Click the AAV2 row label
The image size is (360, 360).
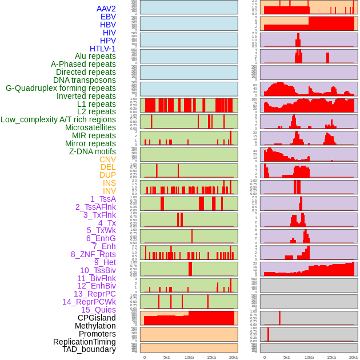click(106, 9)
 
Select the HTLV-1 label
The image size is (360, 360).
click(103, 49)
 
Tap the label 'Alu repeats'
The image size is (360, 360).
click(95, 56)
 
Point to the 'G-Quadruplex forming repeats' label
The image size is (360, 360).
click(61, 88)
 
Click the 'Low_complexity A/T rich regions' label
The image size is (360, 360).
click(58, 119)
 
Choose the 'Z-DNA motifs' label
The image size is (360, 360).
click(93, 151)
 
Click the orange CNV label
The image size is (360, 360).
click(107, 159)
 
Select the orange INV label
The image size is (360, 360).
click(109, 191)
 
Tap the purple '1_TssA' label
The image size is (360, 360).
click(103, 199)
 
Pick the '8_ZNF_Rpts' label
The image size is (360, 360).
click(93, 254)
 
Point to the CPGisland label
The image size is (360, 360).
click(97, 318)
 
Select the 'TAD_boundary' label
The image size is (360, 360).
click(89, 349)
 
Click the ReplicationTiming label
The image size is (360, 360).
click(85, 342)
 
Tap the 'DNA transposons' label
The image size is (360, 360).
click(85, 80)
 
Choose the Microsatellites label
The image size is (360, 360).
click(90, 127)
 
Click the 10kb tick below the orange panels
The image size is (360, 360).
click(189, 357)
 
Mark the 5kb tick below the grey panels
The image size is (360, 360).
click(287, 357)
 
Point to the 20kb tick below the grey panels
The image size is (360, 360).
click(354, 357)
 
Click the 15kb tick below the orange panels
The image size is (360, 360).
click(211, 357)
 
